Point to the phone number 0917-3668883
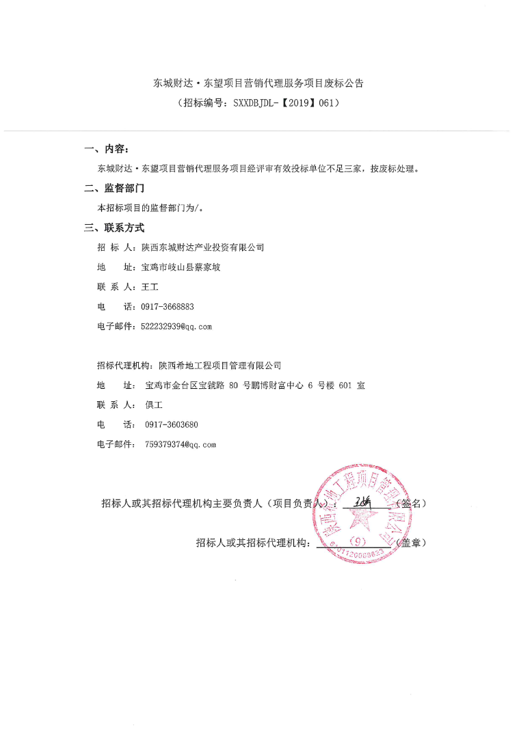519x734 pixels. tap(168, 307)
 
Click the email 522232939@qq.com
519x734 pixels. tap(176, 327)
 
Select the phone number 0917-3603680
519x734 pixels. tap(172, 424)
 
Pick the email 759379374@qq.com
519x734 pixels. tap(181, 444)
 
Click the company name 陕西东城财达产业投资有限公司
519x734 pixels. tap(202, 247)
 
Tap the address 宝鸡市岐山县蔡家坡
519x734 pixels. tap(181, 267)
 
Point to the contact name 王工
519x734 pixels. tap(149, 287)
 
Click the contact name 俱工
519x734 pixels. tap(154, 405)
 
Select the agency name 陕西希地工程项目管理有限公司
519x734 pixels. tap(219, 366)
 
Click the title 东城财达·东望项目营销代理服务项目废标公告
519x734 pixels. tap(258, 83)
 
